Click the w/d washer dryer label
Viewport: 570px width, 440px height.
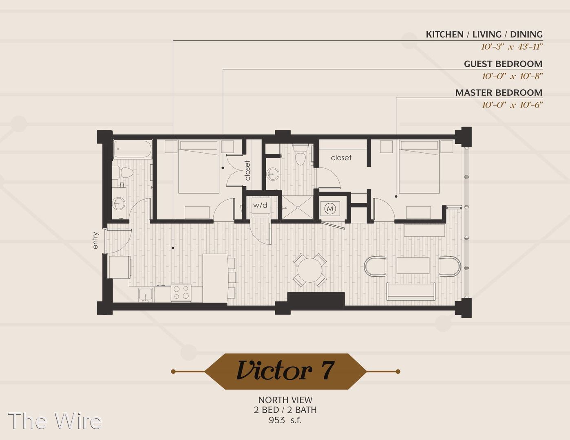pos(260,205)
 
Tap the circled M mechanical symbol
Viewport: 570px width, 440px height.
pos(330,209)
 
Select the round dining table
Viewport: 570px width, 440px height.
pos(310,270)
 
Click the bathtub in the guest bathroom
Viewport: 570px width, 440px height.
pos(133,149)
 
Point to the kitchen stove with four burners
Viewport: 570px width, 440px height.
pos(181,293)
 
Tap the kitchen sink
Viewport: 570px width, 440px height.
pos(146,295)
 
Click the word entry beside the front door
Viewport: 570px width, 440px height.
pos(95,240)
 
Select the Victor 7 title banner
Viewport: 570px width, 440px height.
pos(285,371)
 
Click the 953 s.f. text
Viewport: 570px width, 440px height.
pos(285,420)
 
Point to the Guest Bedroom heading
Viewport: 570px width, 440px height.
pos(503,64)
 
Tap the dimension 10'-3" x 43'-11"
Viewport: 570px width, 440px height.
pos(512,47)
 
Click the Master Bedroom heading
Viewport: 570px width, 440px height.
pos(499,92)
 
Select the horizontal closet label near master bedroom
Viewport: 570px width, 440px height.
pos(341,158)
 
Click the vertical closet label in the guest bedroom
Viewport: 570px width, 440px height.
pos(247,170)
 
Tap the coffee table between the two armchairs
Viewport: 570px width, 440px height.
pos(413,266)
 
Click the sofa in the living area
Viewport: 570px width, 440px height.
pos(411,291)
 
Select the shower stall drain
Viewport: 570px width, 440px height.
pos(298,208)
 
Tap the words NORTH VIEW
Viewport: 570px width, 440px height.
pos(285,400)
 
